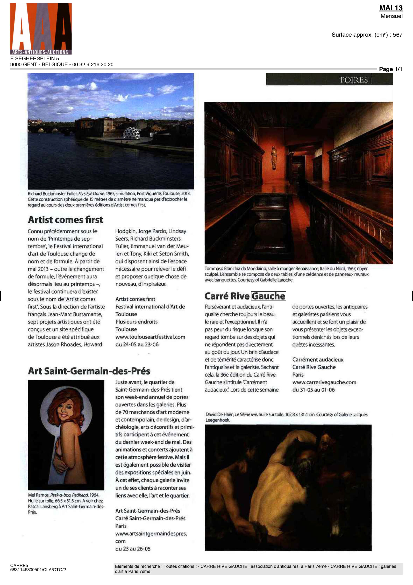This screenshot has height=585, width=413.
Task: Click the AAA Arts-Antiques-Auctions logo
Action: coord(41,29)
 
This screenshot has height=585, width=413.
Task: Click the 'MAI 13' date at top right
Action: coord(391,8)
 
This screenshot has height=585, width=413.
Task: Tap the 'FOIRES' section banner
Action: coord(354,80)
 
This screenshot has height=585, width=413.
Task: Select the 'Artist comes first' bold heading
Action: coord(65,220)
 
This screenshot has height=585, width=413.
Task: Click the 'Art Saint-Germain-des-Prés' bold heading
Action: coord(89,371)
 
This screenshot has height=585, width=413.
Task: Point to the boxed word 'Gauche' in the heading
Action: coord(268,296)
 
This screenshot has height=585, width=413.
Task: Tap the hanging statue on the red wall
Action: coord(274,157)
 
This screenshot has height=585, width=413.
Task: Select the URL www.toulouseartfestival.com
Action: coord(150,337)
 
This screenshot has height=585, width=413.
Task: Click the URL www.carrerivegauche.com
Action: coord(324,382)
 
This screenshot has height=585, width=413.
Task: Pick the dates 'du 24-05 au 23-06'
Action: coord(137,344)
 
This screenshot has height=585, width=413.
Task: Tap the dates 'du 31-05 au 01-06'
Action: coord(313,390)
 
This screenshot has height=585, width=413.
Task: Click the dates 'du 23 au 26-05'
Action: coord(133,549)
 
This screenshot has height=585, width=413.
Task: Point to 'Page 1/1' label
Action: coord(390,69)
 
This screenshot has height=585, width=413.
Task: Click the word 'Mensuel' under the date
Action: coord(391,16)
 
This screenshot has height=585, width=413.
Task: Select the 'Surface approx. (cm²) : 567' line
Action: coord(367,35)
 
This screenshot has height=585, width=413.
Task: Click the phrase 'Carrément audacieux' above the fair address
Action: coord(318,359)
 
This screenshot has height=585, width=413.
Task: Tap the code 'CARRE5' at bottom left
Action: coord(19,565)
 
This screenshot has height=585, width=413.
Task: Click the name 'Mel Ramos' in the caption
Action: coord(38,495)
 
